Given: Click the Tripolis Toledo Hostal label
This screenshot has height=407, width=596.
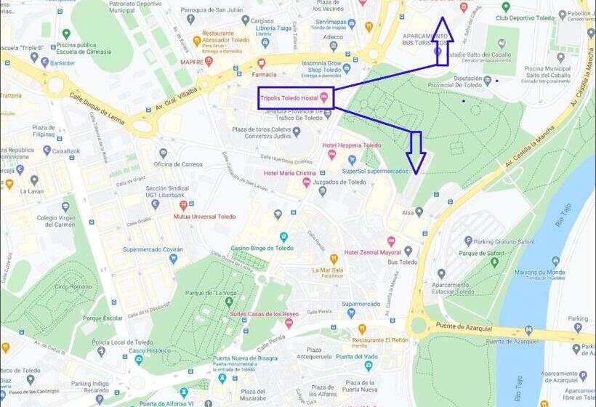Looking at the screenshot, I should click(289, 98).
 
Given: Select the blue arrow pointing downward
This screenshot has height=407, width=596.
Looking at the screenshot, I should click(416, 151).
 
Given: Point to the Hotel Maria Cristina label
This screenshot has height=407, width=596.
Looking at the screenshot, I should click(289, 172).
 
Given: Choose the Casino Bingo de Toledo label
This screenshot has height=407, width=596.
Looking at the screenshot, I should click(262, 248).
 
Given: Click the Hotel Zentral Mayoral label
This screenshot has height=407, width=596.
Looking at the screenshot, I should click(372, 252).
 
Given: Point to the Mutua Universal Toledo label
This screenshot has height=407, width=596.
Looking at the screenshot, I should click(204, 216).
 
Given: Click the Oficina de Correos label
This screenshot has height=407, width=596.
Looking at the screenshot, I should click(177, 164).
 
